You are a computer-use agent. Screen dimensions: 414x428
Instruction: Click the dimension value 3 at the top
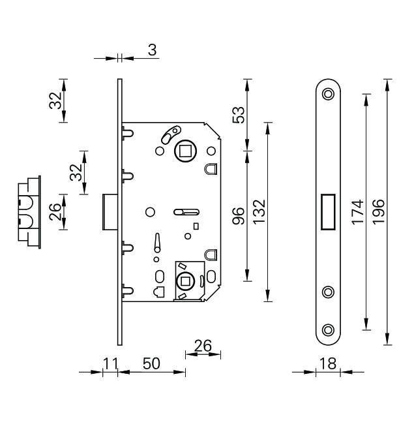pyautogui.click(x=153, y=50)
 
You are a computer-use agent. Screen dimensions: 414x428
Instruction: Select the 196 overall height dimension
pyautogui.click(x=379, y=212)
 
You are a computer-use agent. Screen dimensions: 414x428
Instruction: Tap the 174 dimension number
pyautogui.click(x=357, y=212)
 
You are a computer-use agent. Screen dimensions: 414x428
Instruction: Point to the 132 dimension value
pyautogui.click(x=259, y=212)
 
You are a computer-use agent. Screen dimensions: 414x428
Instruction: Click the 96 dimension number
pyautogui.click(x=238, y=216)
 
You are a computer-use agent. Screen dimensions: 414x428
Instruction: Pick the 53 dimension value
pyautogui.click(x=238, y=115)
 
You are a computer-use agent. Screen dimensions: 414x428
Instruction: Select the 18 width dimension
pyautogui.click(x=328, y=363)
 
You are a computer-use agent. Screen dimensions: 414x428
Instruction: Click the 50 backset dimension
pyautogui.click(x=151, y=363)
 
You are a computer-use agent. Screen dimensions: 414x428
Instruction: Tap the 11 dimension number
pyautogui.click(x=110, y=363)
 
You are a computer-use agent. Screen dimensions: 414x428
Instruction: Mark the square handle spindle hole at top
pyautogui.click(x=185, y=151)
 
